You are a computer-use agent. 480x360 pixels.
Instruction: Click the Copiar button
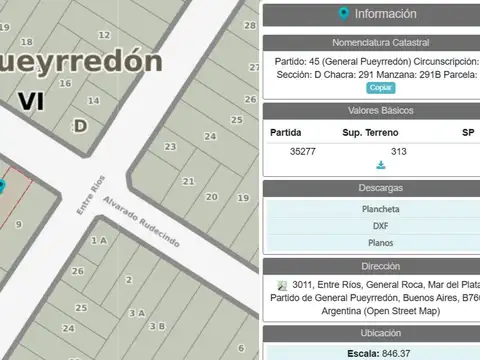(x=381, y=88)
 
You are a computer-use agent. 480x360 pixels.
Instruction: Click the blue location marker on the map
(x=2, y=186)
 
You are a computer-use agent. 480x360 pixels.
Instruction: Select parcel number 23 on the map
(x=170, y=147)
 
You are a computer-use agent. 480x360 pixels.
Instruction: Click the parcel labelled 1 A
(x=98, y=241)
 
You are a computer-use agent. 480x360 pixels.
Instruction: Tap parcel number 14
(x=93, y=101)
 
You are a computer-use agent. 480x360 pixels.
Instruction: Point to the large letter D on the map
(x=80, y=124)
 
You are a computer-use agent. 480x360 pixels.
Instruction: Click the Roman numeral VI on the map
(x=31, y=100)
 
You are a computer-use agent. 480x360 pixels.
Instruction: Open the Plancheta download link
(x=380, y=209)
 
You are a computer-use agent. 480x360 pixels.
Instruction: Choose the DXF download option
(x=380, y=225)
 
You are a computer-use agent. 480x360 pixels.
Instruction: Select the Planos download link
(x=380, y=242)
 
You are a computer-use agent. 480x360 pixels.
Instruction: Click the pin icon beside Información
(x=344, y=14)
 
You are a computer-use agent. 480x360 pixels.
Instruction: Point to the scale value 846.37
(x=391, y=354)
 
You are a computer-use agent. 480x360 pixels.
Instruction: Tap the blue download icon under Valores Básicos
(x=381, y=165)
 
